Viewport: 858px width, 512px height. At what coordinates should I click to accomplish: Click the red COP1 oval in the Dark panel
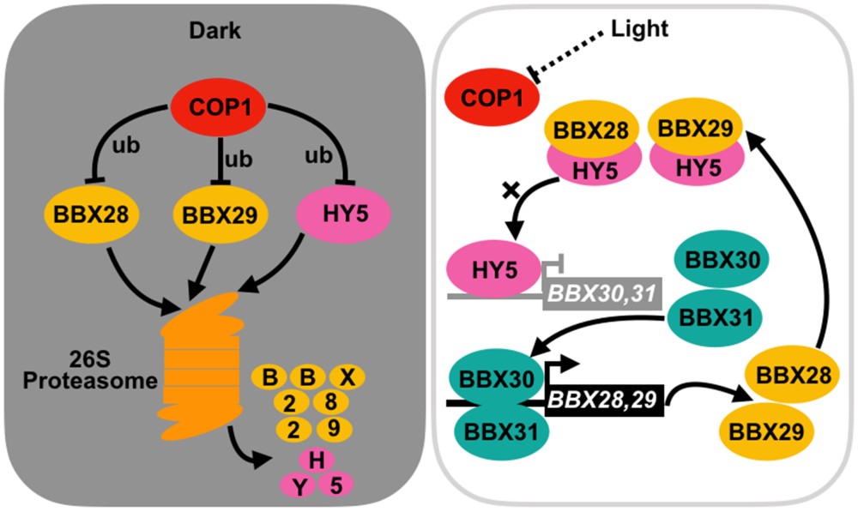[218, 110]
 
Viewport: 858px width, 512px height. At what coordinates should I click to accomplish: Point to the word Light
[639, 29]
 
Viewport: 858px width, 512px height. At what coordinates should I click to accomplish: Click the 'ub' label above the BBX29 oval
[234, 159]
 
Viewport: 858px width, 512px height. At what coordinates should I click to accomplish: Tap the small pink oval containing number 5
[336, 485]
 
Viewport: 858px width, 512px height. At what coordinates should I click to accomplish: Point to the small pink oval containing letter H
[317, 461]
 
